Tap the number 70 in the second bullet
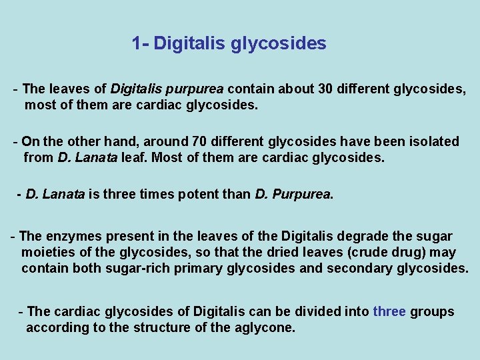click(x=199, y=141)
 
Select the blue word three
click(x=389, y=311)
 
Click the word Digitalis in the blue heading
click(x=191, y=44)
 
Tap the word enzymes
click(x=72, y=236)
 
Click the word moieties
click(x=49, y=252)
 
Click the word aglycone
click(x=264, y=327)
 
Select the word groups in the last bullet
click(x=432, y=311)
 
